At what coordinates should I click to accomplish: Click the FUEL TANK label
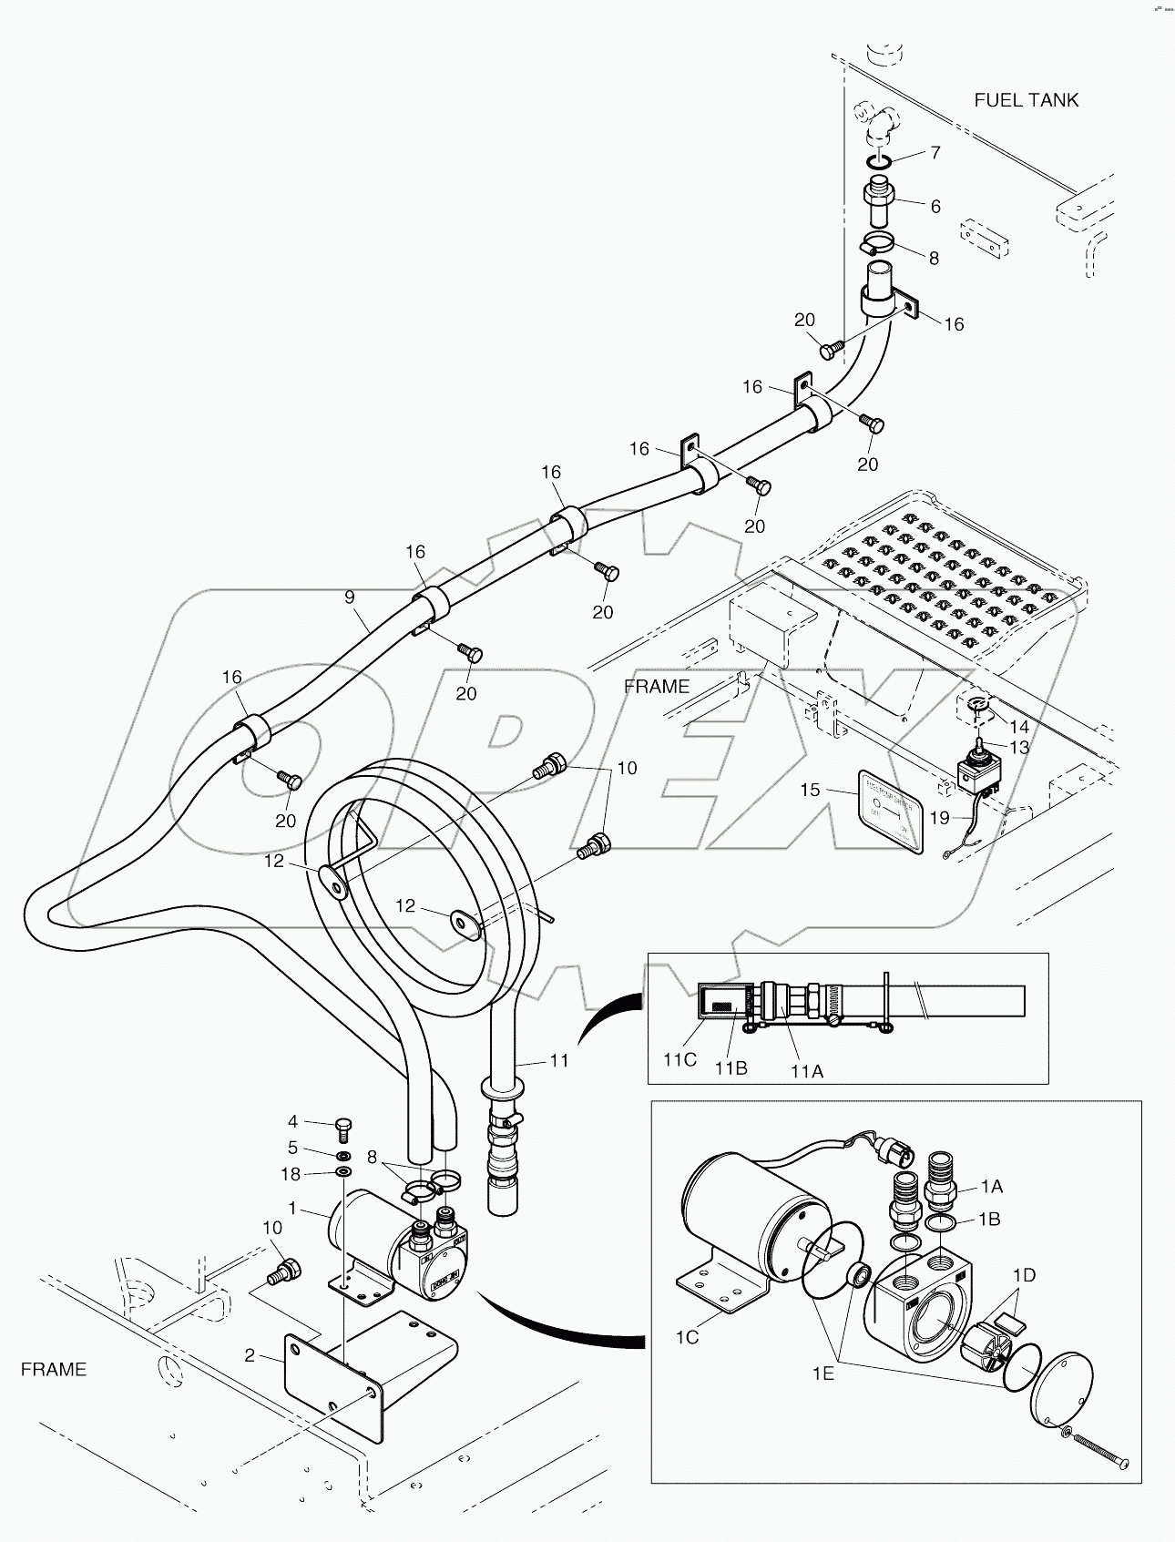(1026, 100)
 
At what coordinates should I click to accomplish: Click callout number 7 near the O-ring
(935, 152)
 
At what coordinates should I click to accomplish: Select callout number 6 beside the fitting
(935, 206)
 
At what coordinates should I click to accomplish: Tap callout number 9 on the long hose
(350, 597)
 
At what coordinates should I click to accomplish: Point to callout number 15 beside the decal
(810, 790)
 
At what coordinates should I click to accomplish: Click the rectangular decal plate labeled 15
(892, 811)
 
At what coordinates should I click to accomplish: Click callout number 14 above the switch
(1019, 727)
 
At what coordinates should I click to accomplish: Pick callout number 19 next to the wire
(940, 817)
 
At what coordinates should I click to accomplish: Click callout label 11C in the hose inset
(680, 1060)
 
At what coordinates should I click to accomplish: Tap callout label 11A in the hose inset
(806, 1072)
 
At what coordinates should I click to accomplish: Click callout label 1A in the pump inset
(991, 1187)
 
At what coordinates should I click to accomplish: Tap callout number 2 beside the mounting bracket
(250, 1355)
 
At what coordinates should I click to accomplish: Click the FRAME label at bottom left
(54, 1369)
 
